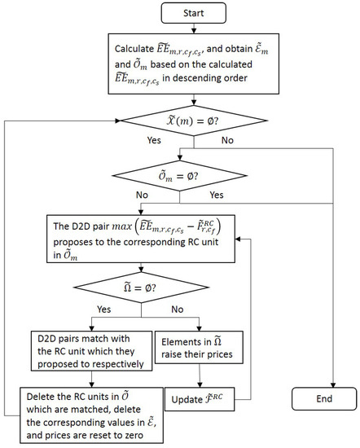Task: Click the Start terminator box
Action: click(x=193, y=15)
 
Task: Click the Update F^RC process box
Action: click(x=199, y=400)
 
